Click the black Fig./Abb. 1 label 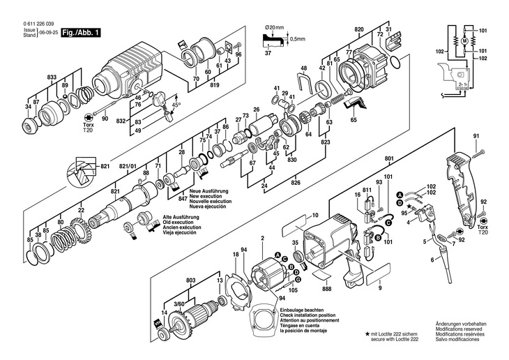[81, 33]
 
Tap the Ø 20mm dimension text [274, 27]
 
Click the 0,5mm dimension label [298, 38]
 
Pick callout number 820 [359, 29]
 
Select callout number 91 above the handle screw [477, 135]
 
